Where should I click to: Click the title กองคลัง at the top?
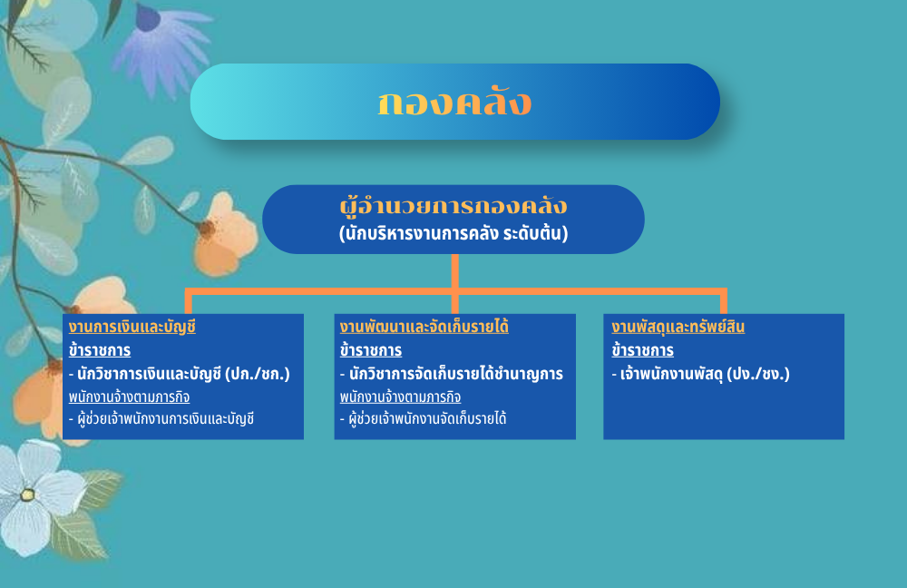point(454,103)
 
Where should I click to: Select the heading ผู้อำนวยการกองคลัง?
point(453,207)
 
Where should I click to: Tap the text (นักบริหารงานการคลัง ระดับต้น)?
point(453,233)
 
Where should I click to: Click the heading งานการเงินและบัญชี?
point(132,327)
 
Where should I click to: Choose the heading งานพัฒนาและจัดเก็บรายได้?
point(424,327)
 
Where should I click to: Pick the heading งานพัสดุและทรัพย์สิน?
point(678,327)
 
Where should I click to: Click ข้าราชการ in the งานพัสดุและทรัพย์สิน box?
point(643,351)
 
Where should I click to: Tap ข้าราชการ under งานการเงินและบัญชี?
point(100,351)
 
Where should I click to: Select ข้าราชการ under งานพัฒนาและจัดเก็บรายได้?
point(371,351)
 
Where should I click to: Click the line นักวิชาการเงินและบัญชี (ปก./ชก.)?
point(180,374)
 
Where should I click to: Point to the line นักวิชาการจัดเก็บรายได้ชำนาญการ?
point(451,374)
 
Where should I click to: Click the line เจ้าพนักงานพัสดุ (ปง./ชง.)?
point(700,374)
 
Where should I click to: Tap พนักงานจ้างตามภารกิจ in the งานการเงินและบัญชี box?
point(129,397)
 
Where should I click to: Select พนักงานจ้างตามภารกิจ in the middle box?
point(400,397)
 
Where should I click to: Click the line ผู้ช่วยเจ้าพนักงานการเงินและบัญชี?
point(161,418)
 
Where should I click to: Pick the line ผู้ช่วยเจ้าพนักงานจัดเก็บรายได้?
point(423,418)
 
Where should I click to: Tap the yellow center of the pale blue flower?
point(27,495)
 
